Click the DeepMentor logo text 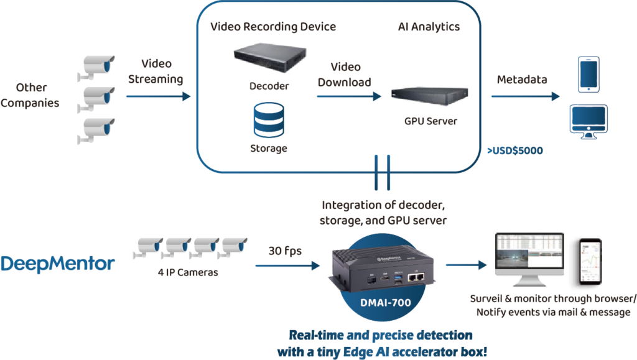coord(58,264)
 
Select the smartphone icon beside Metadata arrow coord(588,75)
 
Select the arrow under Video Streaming coord(158,96)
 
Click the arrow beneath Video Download coord(348,96)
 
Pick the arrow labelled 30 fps coord(287,265)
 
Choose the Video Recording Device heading coord(273,27)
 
